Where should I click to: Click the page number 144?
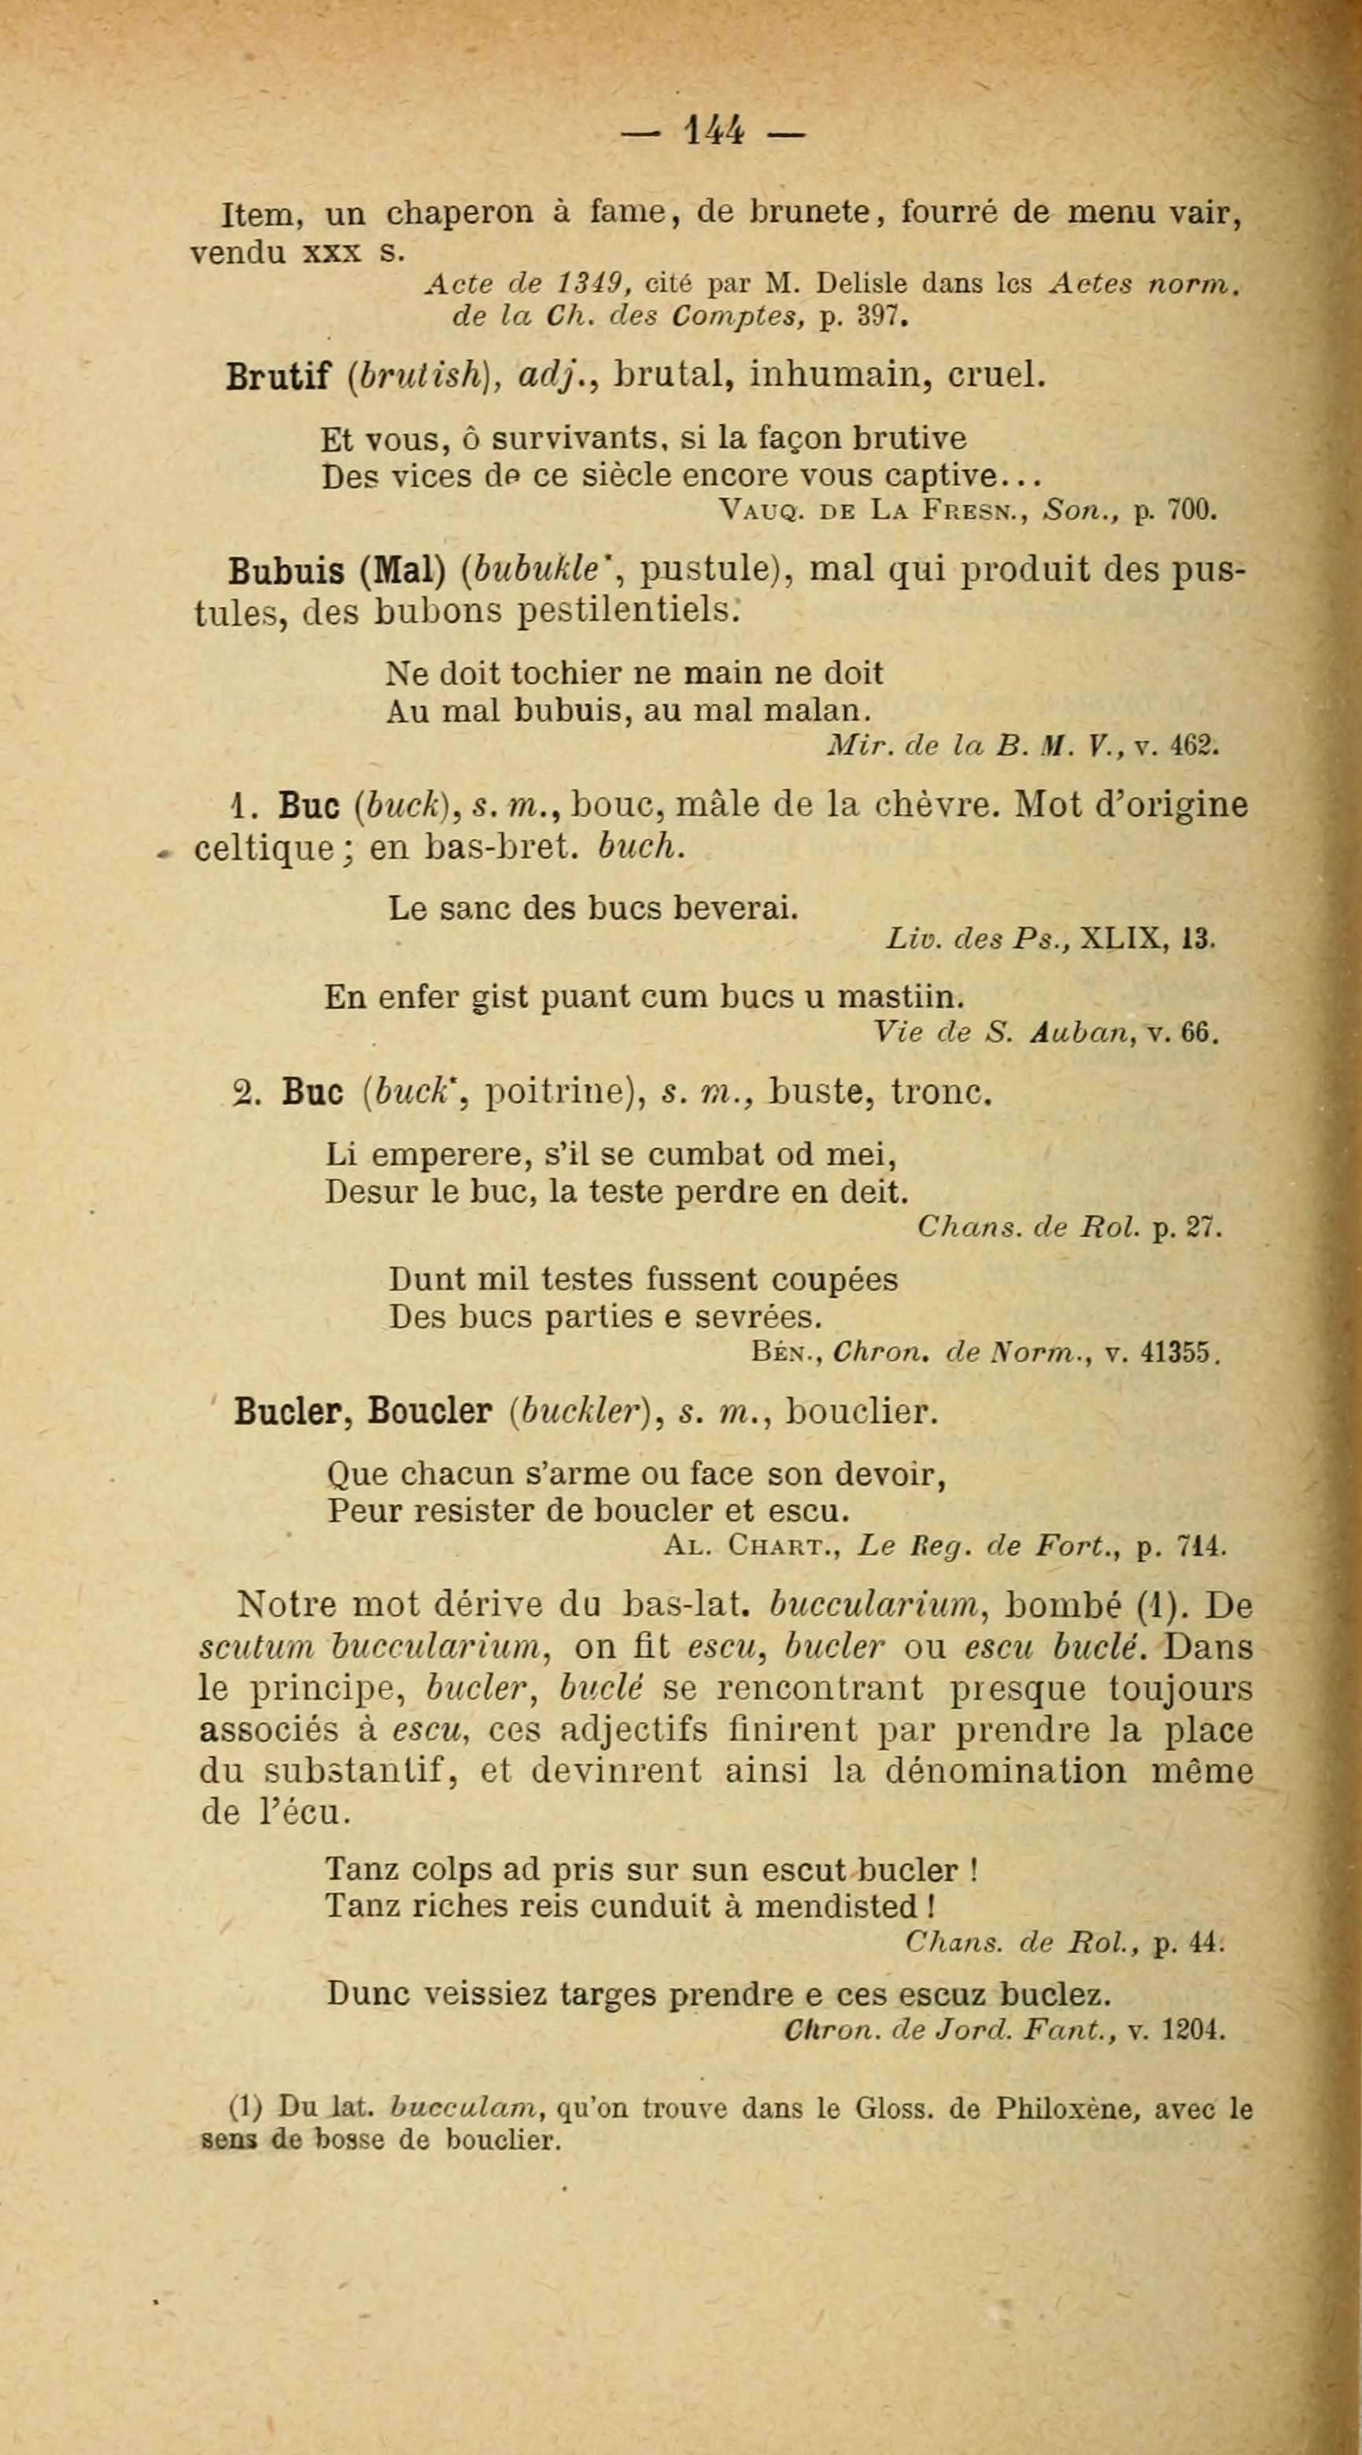click(x=714, y=129)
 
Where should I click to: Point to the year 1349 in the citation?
click(x=590, y=283)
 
